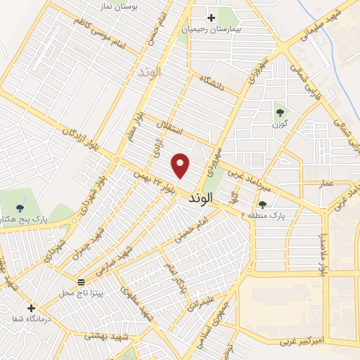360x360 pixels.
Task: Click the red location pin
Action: pos(181,165)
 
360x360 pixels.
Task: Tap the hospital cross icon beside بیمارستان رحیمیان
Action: pos(210,18)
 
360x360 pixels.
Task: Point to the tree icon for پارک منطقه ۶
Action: pos(263,205)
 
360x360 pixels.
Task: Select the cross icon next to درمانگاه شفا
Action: pos(31,308)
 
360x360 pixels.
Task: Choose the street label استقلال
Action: pos(172,129)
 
